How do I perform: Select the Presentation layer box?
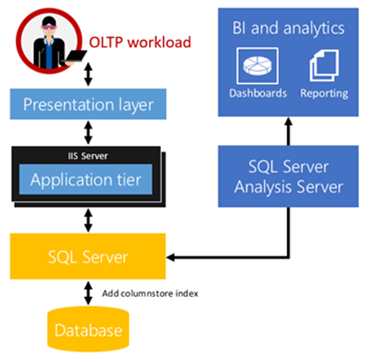(89, 105)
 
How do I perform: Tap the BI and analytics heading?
(288, 29)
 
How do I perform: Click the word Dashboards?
(258, 93)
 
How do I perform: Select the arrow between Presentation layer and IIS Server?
(89, 133)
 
